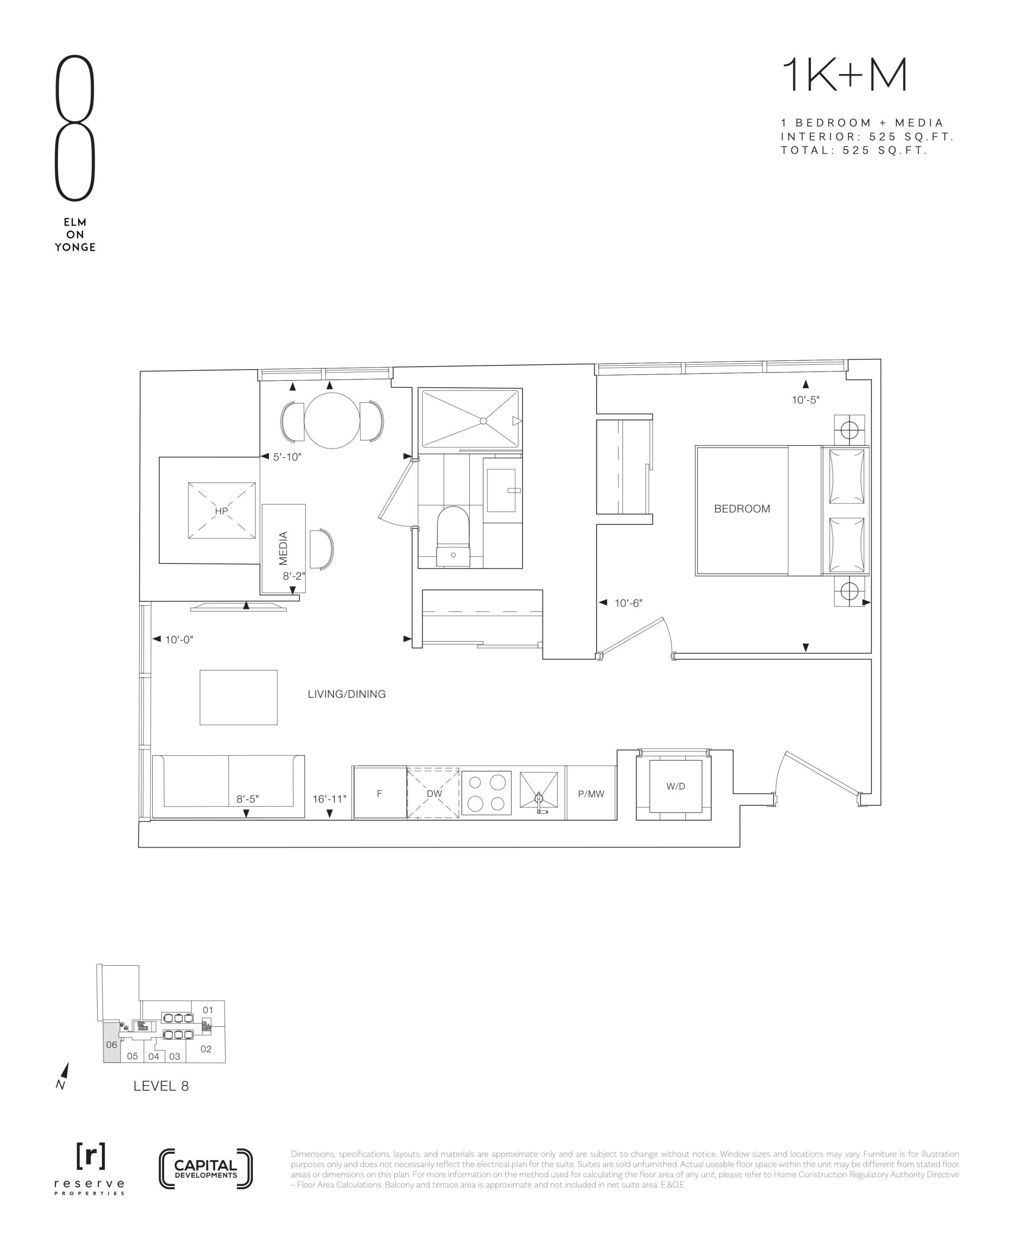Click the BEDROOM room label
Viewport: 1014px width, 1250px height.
tap(742, 509)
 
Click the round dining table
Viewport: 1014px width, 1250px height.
tap(332, 420)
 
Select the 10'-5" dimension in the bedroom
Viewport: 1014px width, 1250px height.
tap(806, 400)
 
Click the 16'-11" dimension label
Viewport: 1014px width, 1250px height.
tap(330, 799)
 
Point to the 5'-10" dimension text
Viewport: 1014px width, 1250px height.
tap(287, 457)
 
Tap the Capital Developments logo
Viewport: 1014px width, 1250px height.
tap(206, 1168)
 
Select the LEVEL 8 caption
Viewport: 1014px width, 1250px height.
tap(161, 1086)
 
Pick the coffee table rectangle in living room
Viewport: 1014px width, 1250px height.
tap(238, 697)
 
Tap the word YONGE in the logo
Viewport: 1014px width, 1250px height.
tap(75, 247)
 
